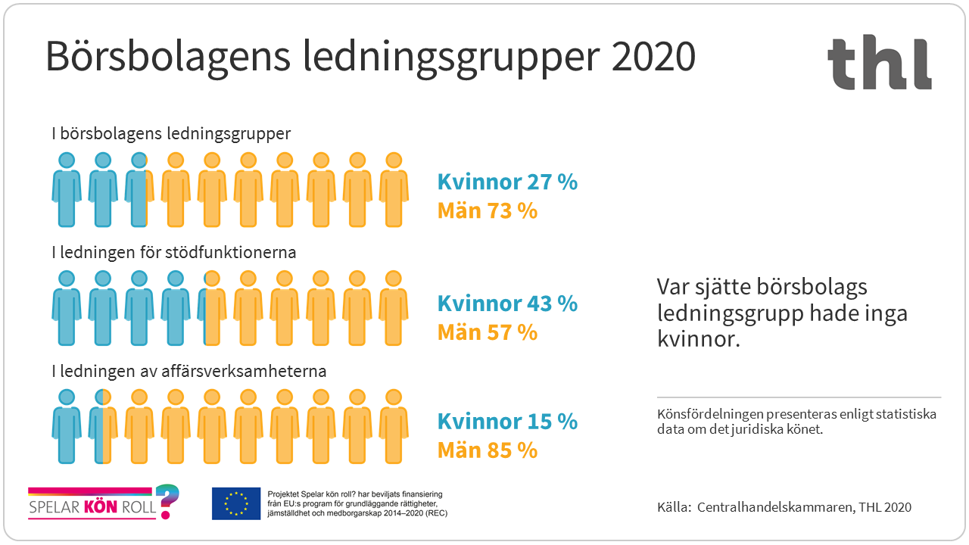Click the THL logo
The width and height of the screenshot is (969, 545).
pyautogui.click(x=879, y=64)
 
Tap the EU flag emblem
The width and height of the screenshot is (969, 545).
pyautogui.click(x=236, y=503)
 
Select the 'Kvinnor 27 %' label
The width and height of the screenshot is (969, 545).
pyautogui.click(x=507, y=182)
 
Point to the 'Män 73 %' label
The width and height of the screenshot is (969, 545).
pyautogui.click(x=488, y=210)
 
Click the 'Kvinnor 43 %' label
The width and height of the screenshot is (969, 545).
pyautogui.click(x=507, y=304)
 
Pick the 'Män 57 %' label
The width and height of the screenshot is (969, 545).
pyautogui.click(x=488, y=332)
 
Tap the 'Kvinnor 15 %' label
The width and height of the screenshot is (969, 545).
pyautogui.click(x=507, y=422)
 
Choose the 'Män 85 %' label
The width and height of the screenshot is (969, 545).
pyautogui.click(x=488, y=450)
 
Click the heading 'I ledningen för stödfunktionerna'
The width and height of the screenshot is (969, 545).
pyautogui.click(x=173, y=252)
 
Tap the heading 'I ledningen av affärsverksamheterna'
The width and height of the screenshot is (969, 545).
pyautogui.click(x=189, y=372)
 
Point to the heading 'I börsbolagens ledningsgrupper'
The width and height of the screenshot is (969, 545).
pyautogui.click(x=171, y=134)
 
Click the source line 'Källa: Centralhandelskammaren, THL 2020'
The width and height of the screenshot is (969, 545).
pyautogui.click(x=784, y=507)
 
